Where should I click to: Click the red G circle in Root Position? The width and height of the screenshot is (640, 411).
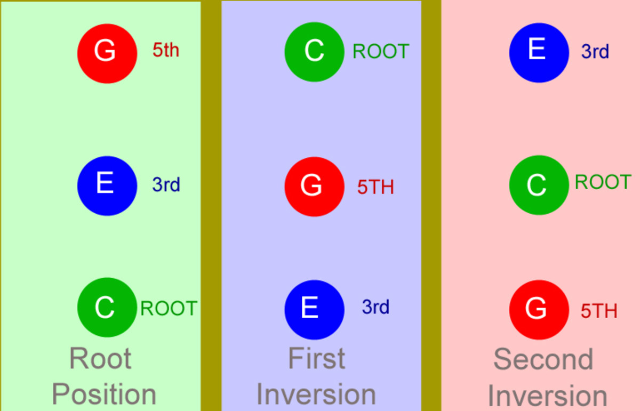(x=107, y=53)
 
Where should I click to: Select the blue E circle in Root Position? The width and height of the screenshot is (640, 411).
(x=107, y=186)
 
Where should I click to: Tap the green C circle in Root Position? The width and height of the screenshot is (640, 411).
(x=107, y=307)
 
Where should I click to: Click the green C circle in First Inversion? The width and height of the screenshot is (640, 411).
(x=314, y=52)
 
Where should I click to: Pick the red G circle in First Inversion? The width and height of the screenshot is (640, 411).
(x=314, y=187)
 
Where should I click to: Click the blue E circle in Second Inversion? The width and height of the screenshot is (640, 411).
(x=539, y=52)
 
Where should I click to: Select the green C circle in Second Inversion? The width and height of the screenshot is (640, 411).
(x=539, y=184)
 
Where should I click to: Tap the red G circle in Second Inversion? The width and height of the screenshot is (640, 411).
(x=539, y=309)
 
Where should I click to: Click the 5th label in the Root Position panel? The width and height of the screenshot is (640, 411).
(x=166, y=50)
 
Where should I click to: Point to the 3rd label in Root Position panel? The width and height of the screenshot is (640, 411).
(x=166, y=184)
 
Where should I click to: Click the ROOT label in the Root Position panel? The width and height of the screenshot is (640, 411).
(x=169, y=308)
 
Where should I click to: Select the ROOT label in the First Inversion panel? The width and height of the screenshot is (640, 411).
(x=381, y=51)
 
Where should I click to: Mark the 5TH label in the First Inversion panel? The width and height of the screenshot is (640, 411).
(x=375, y=187)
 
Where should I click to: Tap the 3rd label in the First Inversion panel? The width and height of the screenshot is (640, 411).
(x=375, y=307)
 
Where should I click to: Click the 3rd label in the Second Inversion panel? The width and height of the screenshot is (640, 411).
(x=595, y=52)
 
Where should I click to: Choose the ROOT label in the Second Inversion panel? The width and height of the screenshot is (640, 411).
(x=603, y=182)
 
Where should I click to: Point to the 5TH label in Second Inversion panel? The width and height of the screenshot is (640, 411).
(x=599, y=311)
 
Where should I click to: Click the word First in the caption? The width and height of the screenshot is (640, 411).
(x=316, y=358)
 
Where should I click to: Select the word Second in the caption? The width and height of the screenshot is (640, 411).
(x=543, y=359)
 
